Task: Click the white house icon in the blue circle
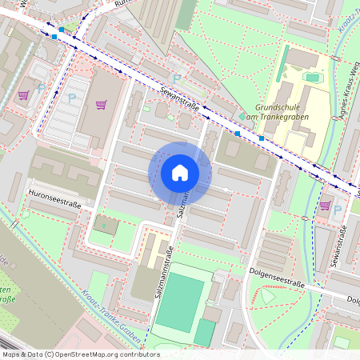(179, 173)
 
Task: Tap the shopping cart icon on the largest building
(101, 104)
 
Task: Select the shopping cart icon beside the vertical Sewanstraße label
(324, 205)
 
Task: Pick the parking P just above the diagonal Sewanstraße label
(176, 78)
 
